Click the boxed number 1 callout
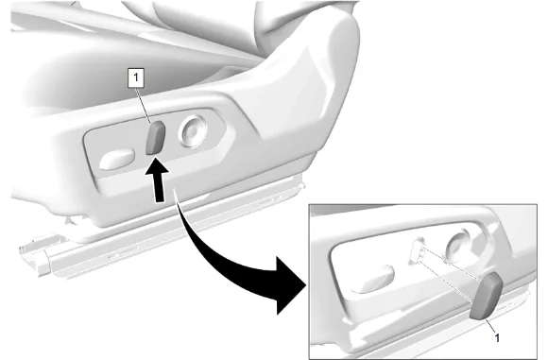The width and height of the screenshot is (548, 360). (x=136, y=77)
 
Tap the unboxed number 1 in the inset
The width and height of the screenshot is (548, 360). (x=497, y=337)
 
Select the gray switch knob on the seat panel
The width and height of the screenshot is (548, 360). (x=155, y=138)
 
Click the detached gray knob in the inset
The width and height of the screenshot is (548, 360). (x=486, y=296)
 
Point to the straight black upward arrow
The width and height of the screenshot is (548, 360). (x=159, y=180)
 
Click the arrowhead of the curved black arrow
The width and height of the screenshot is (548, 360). (x=290, y=285)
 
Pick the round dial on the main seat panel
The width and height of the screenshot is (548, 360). (x=193, y=131)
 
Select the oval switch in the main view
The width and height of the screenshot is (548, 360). (x=117, y=160)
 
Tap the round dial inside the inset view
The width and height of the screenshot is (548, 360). (x=461, y=249)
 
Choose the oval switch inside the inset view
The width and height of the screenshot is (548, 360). (x=373, y=279)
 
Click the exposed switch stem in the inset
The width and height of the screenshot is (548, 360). (x=418, y=250)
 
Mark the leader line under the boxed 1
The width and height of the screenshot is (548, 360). (x=144, y=105)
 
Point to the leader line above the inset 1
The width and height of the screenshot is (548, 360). (x=490, y=326)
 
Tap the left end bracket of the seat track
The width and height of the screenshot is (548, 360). (x=34, y=254)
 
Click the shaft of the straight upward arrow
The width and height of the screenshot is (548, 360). (x=159, y=187)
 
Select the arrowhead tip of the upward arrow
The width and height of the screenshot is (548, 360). (x=156, y=158)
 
